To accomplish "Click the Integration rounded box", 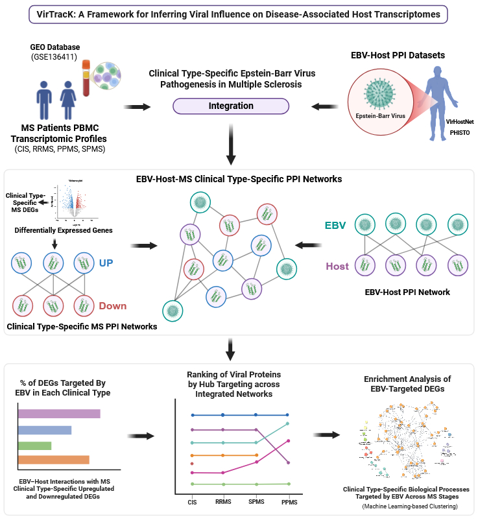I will click(230, 106).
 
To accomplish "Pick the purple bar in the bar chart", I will click(59, 414).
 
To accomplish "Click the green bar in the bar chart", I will click(34, 445).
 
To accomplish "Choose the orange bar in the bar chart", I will click(53, 460).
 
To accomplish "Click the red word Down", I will click(112, 305).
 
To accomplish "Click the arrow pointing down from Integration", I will click(230, 150).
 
